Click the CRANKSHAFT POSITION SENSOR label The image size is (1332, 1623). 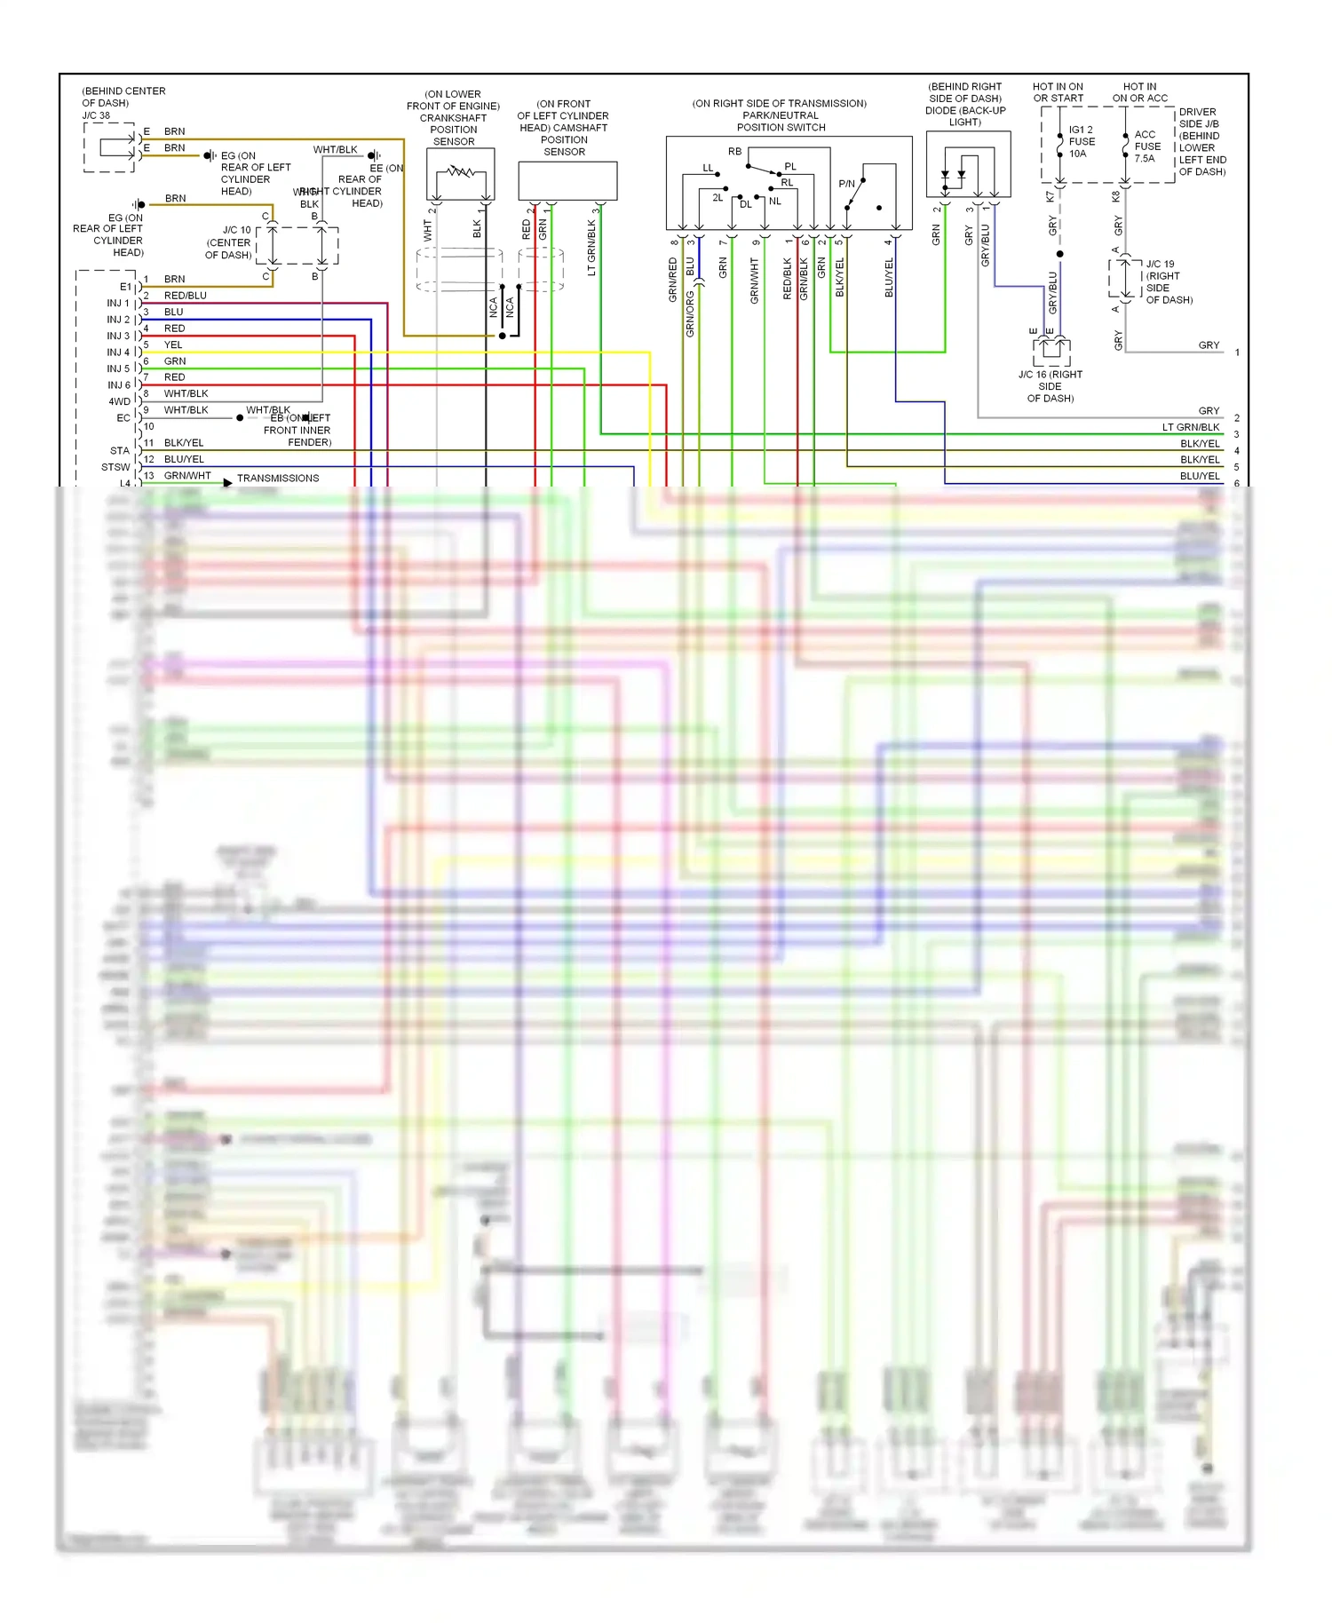(453, 123)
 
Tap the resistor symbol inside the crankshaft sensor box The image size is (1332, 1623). (460, 170)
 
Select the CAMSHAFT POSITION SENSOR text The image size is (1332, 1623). (564, 133)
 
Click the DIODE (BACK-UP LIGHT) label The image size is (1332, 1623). (965, 110)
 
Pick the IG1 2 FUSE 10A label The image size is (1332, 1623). (1081, 141)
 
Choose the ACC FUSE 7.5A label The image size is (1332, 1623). (1146, 146)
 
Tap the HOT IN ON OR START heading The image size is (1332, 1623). (1058, 92)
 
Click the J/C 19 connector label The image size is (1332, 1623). (1160, 265)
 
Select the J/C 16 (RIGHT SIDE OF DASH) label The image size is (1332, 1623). (1051, 386)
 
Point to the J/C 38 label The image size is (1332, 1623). (96, 115)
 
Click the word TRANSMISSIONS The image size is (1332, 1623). (278, 478)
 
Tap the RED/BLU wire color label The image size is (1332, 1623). (185, 296)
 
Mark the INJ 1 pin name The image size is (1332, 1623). (118, 304)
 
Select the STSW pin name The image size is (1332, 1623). (115, 467)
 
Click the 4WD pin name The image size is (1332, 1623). (119, 401)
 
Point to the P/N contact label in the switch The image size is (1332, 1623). (846, 184)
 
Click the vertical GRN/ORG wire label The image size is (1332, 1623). (690, 313)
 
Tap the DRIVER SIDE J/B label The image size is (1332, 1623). (1198, 118)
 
